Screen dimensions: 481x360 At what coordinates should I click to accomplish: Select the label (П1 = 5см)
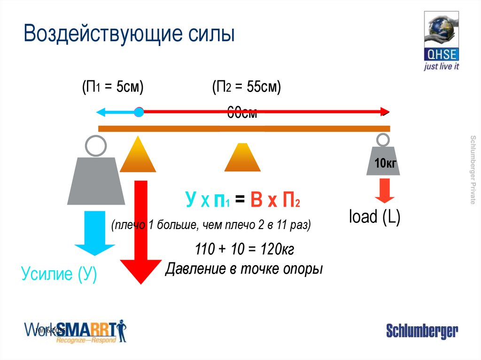tap(112, 87)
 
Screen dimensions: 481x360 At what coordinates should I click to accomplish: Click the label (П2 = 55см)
tap(246, 87)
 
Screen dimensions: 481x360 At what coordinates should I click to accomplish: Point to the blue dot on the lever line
tap(139, 112)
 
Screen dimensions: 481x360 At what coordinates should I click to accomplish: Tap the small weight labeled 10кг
tap(383, 160)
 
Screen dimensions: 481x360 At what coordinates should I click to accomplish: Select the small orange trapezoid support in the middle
tap(242, 158)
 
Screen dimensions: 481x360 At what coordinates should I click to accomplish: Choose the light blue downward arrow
tap(95, 232)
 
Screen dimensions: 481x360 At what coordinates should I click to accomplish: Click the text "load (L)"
tap(374, 217)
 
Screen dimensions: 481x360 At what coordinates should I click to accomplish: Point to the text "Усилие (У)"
tap(59, 274)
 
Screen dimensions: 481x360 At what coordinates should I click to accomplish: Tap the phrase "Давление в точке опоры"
tap(244, 269)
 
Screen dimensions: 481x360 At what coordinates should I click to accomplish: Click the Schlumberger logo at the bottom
tap(422, 331)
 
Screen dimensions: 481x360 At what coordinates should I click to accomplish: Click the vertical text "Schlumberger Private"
tap(473, 169)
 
